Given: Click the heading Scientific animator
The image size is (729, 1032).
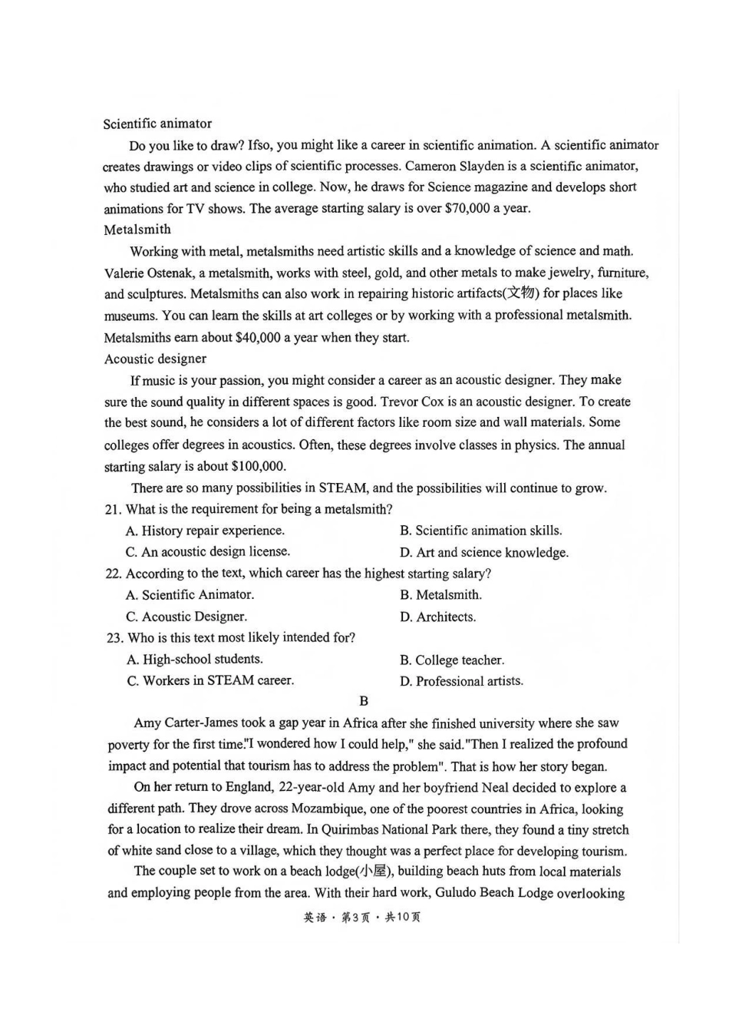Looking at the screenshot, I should point(157,124).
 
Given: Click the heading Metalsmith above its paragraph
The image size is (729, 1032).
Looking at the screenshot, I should point(137,230).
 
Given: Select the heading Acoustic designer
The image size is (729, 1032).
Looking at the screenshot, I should point(155,359).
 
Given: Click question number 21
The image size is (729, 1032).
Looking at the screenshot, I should point(113,509).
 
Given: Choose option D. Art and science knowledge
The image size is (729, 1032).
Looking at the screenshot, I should point(484,552).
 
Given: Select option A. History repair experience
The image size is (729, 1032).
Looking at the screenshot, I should point(205,531).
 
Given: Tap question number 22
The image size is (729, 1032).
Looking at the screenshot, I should point(113,574).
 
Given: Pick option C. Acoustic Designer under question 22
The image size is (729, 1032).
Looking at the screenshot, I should point(186,617).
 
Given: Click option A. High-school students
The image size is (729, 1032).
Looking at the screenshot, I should point(195,660).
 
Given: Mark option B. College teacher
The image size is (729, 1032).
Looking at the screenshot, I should point(452,660).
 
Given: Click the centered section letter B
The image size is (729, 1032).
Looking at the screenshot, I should point(364,701).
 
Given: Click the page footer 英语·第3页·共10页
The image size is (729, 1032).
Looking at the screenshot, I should point(362,918).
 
